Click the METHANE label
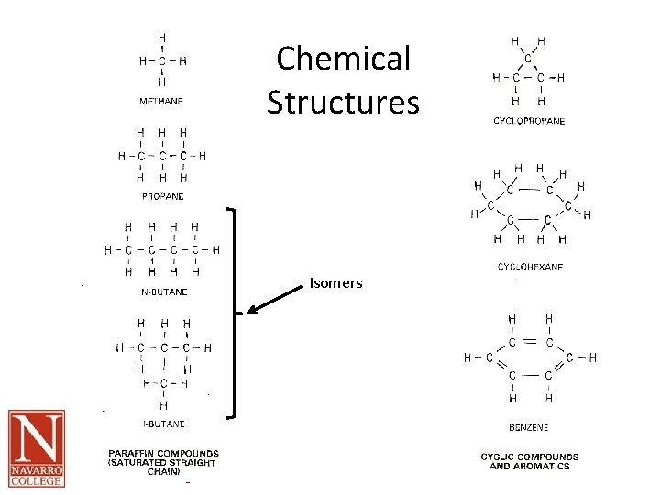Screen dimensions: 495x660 click(x=161, y=101)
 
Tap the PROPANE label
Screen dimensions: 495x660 click(x=162, y=196)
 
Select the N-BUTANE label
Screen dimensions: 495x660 click(x=165, y=291)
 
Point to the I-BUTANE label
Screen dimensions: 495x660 click(x=163, y=423)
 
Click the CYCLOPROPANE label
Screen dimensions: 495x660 click(x=529, y=121)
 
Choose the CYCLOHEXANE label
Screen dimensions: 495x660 click(x=530, y=267)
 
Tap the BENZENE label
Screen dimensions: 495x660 click(x=529, y=427)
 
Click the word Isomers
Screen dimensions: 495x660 click(x=335, y=283)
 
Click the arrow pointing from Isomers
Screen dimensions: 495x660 click(x=275, y=301)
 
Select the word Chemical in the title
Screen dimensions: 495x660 click(x=343, y=59)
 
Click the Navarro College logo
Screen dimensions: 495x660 click(x=37, y=448)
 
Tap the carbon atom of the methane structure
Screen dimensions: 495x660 click(x=162, y=61)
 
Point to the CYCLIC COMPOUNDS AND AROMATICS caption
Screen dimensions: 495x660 click(x=529, y=461)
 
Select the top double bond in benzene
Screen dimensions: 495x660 click(x=530, y=341)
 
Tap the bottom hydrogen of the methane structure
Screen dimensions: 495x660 click(x=162, y=82)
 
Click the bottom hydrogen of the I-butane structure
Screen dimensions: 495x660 click(x=163, y=404)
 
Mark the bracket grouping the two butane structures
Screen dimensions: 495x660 click(x=235, y=313)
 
